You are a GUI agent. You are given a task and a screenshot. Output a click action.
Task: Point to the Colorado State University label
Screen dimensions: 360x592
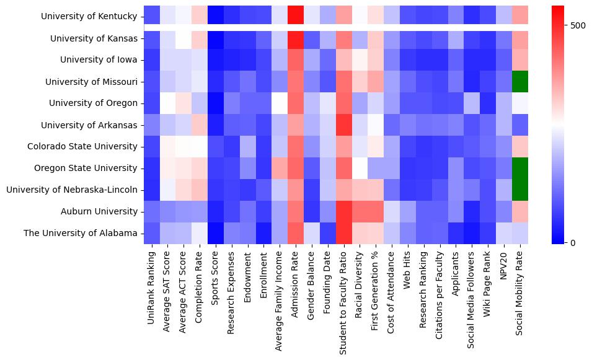pos(82,146)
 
